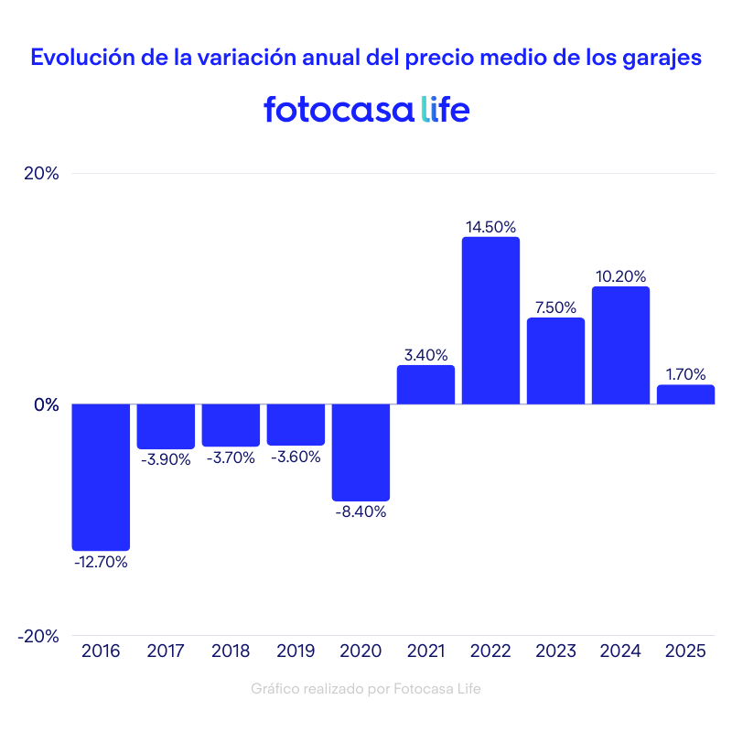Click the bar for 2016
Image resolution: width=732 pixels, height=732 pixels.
101,477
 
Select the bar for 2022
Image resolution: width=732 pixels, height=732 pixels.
490,320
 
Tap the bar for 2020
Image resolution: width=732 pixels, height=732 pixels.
361,452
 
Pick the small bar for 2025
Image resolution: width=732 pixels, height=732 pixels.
685,394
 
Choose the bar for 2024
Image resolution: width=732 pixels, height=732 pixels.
620,345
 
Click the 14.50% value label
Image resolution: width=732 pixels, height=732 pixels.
490,226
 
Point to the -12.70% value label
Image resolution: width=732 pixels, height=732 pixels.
101,562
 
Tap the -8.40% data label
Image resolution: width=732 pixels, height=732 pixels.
361,512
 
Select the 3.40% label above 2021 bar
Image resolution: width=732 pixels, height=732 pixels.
425,354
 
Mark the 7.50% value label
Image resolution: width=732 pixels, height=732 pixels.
555,307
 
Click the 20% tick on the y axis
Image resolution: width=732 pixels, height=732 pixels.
40,174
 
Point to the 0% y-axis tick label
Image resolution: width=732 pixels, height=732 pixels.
46,404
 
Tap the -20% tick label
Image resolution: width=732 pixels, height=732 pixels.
38,636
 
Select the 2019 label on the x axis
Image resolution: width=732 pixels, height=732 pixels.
296,651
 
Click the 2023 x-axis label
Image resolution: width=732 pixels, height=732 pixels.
555,651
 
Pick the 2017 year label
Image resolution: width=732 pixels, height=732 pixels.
166,651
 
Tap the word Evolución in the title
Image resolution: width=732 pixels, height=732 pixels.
81,57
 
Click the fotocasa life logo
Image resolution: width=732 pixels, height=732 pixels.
366,109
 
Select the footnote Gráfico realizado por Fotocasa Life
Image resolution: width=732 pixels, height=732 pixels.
366,688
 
